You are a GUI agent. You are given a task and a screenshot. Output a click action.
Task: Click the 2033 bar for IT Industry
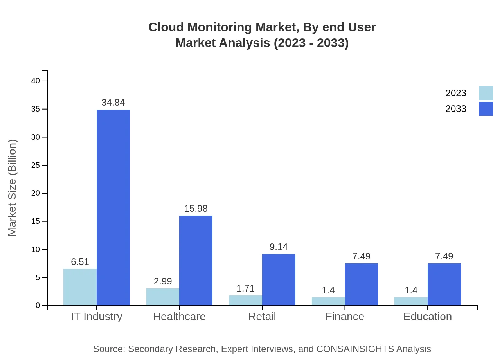tap(113, 207)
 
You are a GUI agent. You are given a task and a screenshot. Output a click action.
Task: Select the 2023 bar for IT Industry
tap(80, 287)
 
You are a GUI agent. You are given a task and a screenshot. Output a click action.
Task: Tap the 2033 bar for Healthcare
tap(196, 260)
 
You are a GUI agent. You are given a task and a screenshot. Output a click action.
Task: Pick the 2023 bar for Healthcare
tap(163, 297)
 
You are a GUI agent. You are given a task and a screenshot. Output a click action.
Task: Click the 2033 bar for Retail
tap(279, 279)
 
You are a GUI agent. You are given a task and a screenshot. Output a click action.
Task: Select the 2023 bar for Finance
tap(328, 301)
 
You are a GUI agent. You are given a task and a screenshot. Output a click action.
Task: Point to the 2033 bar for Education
tap(444, 284)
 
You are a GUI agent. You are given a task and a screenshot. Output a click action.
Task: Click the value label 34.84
tap(113, 103)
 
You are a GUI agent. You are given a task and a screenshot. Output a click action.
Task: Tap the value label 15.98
tap(196, 209)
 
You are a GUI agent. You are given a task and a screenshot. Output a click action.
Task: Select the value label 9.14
tap(279, 247)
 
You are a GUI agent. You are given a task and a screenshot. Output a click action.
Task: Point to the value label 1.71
tap(245, 288)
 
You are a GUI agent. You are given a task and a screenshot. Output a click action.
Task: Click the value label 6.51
tap(80, 262)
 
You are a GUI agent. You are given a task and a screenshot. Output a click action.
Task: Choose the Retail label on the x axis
tap(262, 316)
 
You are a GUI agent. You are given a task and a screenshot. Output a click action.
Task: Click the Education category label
tap(427, 316)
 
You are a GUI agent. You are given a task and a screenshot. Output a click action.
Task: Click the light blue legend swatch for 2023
tap(486, 93)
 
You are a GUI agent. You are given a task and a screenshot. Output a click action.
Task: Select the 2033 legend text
tap(456, 109)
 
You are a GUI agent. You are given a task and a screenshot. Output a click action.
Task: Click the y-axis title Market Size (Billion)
tap(13, 188)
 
